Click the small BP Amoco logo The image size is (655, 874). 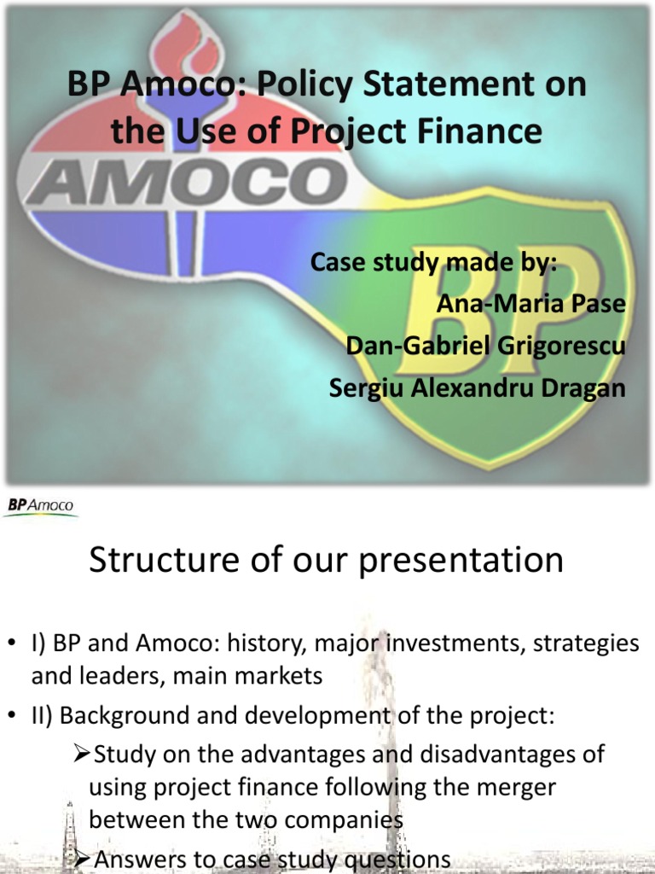tap(41, 506)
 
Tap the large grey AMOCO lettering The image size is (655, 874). tap(187, 182)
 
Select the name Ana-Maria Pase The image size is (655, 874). tap(530, 305)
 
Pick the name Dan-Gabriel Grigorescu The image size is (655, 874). tap(485, 347)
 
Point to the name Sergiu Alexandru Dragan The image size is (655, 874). tap(478, 388)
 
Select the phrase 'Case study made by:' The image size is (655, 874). tap(433, 263)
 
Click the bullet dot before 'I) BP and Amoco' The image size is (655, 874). tap(12, 644)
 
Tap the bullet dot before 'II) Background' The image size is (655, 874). tap(12, 717)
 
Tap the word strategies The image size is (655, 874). tap(586, 644)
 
